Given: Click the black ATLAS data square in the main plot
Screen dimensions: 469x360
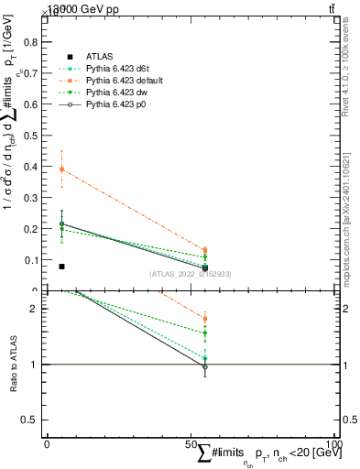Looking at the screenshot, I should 61,267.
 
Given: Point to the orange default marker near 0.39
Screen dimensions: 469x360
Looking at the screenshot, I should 61,169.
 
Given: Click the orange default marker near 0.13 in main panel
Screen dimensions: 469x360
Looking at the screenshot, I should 205,250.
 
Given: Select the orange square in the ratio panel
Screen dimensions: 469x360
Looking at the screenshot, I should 205,319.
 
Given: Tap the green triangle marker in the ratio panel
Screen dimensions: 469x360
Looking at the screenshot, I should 205,333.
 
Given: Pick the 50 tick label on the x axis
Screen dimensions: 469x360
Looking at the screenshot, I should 191,443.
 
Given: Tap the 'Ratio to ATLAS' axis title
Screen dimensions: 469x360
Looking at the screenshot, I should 14,365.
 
